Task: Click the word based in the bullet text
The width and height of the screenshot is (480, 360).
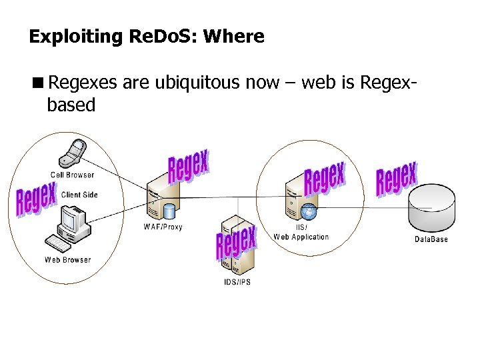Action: pos(71,105)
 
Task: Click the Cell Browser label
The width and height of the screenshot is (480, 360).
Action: pos(72,175)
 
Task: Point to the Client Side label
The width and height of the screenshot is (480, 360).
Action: pos(79,195)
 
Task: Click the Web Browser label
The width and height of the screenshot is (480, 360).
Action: pos(67,260)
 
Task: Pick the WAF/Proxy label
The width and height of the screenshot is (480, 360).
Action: pos(163,227)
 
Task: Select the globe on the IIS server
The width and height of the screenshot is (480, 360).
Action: pos(308,212)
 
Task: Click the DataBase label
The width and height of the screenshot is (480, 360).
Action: pos(431,239)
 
